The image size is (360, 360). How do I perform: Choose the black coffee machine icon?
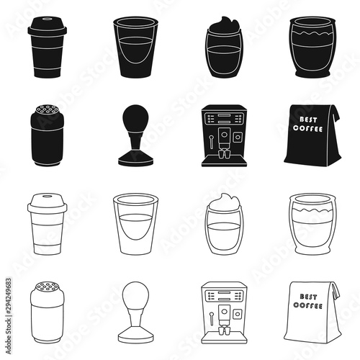[x=224, y=135]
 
